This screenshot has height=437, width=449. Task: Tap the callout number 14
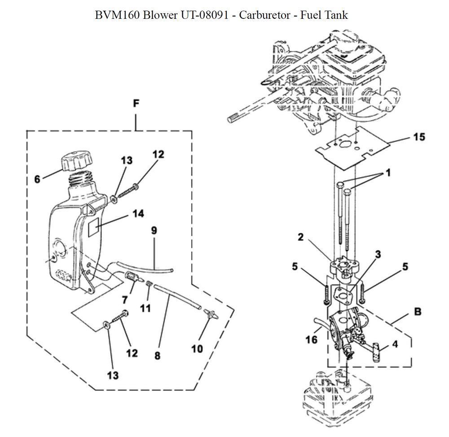pyautogui.click(x=138, y=214)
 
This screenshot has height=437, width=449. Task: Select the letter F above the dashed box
pyautogui.click(x=136, y=103)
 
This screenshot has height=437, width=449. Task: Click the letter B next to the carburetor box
pyautogui.click(x=418, y=311)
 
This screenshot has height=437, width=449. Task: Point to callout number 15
pyautogui.click(x=419, y=137)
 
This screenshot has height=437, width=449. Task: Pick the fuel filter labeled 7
pyautogui.click(x=133, y=277)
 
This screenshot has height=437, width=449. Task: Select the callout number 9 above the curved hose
pyautogui.click(x=154, y=230)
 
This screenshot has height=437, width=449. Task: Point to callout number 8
pyautogui.click(x=157, y=356)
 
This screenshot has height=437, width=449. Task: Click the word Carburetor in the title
pyautogui.click(x=264, y=15)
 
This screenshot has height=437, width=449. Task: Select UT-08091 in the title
pyautogui.click(x=204, y=15)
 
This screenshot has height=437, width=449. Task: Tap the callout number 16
pyautogui.click(x=311, y=340)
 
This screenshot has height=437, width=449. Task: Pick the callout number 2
pyautogui.click(x=300, y=237)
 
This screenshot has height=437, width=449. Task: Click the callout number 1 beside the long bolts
pyautogui.click(x=388, y=172)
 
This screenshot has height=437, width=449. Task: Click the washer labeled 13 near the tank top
pyautogui.click(x=114, y=199)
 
